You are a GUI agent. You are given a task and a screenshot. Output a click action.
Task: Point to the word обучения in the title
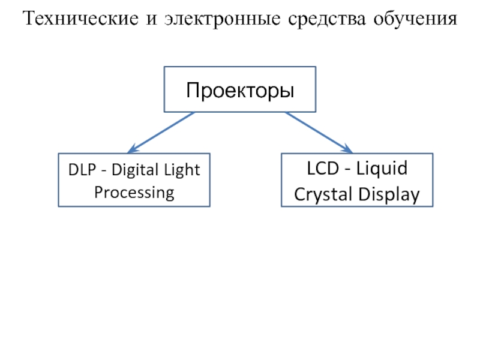(413, 20)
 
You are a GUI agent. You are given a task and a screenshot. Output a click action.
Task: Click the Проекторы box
(240, 89)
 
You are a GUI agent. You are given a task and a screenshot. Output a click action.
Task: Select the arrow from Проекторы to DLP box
(162, 131)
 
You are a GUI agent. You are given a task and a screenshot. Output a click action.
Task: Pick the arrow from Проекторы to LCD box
(318, 131)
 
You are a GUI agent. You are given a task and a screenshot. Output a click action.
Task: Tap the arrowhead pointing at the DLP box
(133, 149)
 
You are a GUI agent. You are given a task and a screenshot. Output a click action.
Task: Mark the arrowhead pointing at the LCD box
(347, 149)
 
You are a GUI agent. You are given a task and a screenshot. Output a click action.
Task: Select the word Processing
(134, 193)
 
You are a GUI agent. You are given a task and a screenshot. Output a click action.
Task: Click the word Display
(389, 195)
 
